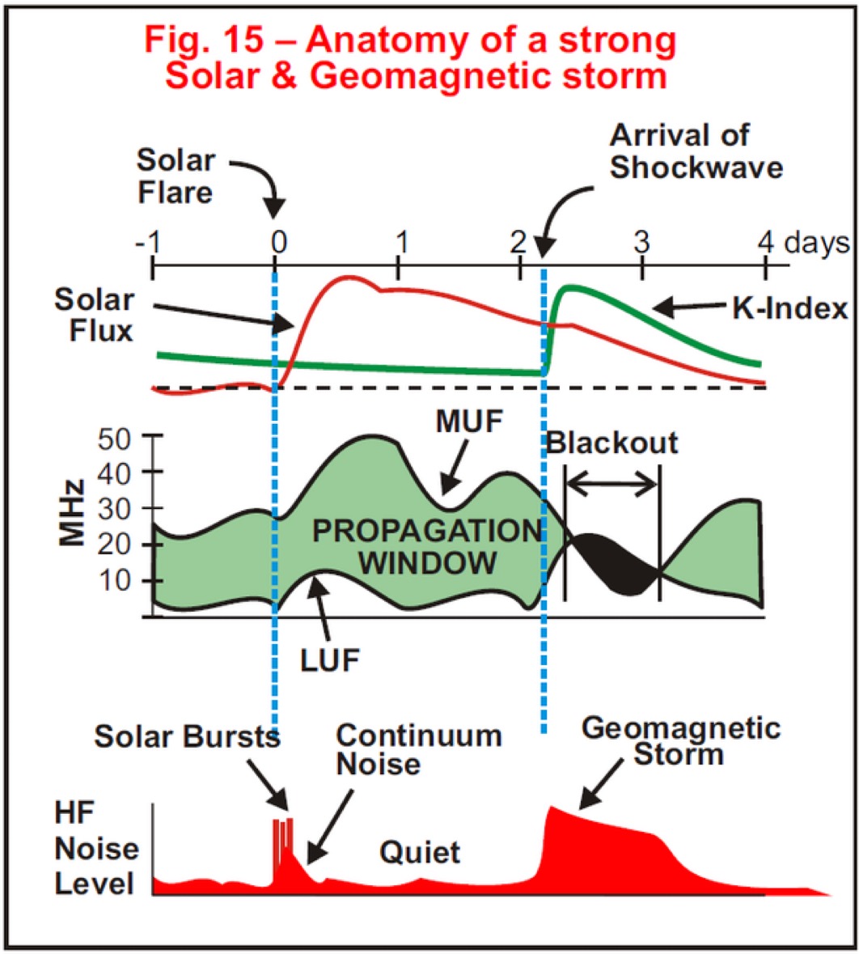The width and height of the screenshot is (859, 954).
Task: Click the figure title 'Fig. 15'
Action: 204,40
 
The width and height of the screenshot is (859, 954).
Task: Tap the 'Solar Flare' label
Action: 176,176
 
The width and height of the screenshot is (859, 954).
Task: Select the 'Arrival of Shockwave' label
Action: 696,151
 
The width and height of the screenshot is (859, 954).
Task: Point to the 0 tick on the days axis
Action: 276,265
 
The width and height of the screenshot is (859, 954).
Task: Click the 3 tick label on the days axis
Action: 641,242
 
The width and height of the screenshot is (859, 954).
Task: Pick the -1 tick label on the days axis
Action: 148,242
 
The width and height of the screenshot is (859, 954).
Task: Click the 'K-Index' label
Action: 789,308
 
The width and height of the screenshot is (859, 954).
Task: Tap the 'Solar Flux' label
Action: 94,315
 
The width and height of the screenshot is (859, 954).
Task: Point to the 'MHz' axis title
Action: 72,513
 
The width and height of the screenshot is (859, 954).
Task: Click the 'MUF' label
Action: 470,421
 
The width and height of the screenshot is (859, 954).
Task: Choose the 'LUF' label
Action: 330,660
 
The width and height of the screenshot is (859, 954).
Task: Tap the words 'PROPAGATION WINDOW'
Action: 427,546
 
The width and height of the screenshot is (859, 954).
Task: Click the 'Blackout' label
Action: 611,443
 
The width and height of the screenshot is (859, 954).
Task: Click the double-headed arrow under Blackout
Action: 612,485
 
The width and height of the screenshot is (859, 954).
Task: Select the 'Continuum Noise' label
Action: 419,749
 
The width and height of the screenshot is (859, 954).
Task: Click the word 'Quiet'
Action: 420,852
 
